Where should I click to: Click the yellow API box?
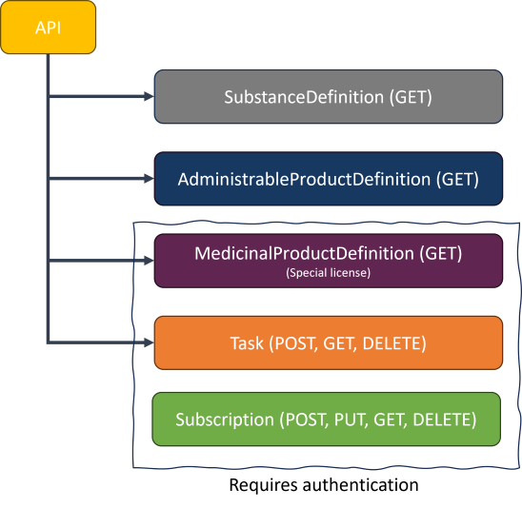[x=48, y=27]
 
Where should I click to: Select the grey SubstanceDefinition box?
[x=329, y=96]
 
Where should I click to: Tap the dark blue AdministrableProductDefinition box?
[x=329, y=178]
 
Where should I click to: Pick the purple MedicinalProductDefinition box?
[x=329, y=260]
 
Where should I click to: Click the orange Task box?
[x=329, y=342]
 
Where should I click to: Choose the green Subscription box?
[x=327, y=419]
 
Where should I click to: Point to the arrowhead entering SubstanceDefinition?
[x=148, y=96]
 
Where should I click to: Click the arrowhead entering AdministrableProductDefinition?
[x=148, y=178]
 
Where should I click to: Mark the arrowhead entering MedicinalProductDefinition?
[x=148, y=260]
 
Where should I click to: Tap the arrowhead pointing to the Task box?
[x=148, y=342]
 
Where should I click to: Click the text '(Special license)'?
[x=328, y=272]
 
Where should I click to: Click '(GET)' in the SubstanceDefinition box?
[x=410, y=96]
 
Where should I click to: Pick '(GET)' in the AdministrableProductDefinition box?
[x=456, y=178]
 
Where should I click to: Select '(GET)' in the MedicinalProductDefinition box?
[x=440, y=254]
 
